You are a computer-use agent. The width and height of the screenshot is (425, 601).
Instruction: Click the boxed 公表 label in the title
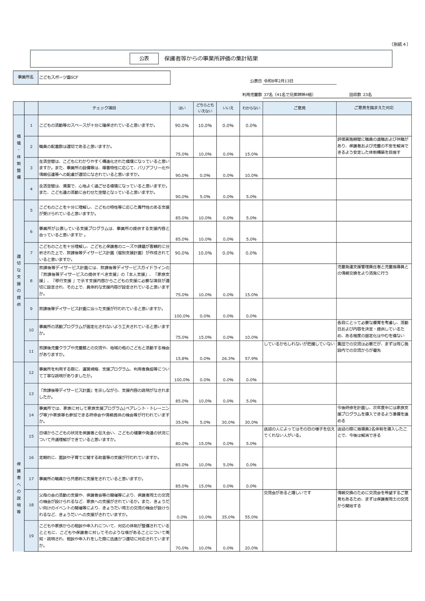[x=144, y=59]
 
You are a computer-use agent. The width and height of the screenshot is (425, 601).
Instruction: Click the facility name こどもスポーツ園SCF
[x=59, y=77]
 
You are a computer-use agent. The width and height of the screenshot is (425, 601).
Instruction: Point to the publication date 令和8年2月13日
[x=278, y=81]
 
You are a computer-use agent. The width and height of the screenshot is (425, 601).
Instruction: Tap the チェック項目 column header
[x=104, y=108]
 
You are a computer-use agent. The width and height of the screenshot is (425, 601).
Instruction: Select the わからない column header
[x=251, y=108]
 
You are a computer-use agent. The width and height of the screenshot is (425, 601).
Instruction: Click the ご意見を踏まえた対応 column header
[x=374, y=108]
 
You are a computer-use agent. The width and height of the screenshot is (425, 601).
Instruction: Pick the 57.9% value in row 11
[x=251, y=358]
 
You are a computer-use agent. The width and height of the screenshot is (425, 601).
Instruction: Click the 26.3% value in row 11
[x=228, y=358]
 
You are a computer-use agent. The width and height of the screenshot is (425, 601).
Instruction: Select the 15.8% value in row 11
[x=182, y=358]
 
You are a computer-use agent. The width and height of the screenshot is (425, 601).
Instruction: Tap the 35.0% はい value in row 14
[x=182, y=422]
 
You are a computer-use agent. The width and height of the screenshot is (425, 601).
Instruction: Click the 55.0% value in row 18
[x=251, y=517]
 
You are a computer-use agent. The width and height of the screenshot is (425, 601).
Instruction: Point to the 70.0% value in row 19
[x=182, y=548]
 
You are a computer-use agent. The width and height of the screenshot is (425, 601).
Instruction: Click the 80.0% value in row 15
[x=182, y=443]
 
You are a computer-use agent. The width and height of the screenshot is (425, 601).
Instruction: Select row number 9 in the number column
[x=31, y=309]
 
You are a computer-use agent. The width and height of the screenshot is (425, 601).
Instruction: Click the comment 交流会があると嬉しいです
[x=287, y=493]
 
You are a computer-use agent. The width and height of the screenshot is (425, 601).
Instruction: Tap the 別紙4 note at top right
[x=400, y=44]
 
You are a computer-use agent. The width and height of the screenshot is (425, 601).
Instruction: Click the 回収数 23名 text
[x=360, y=95]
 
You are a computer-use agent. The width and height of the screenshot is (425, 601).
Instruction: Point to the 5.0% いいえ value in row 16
[x=228, y=465]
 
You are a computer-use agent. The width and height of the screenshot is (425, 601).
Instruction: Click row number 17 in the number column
[x=31, y=479]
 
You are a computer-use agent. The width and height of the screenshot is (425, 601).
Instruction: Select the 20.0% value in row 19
[x=251, y=548]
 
